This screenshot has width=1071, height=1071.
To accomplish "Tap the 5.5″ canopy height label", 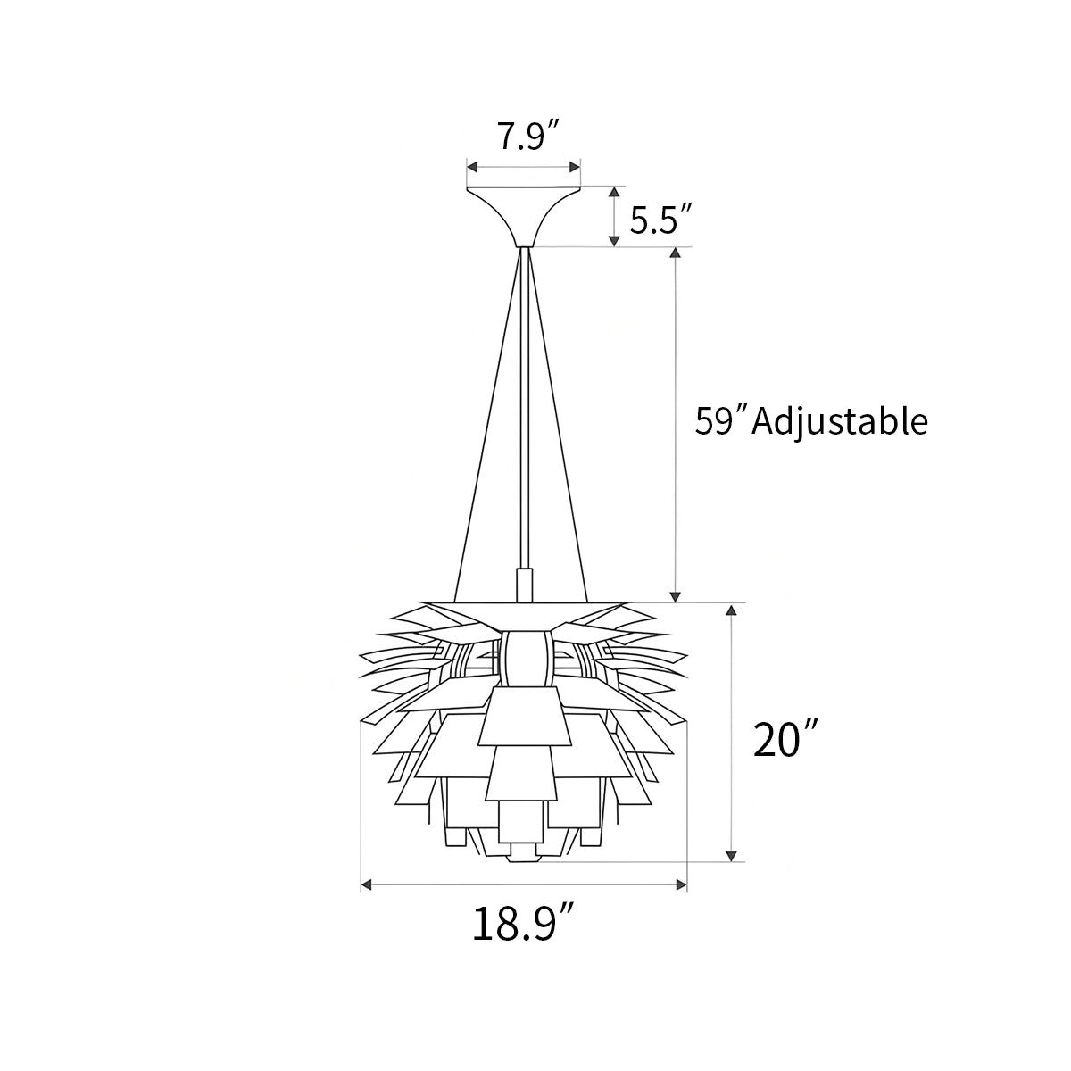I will coord(661,220).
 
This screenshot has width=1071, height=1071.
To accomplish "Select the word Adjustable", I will coord(840,420).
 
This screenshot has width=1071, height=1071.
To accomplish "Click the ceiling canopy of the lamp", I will coord(524,211).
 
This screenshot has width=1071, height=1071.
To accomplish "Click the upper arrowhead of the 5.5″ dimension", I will coord(614,193).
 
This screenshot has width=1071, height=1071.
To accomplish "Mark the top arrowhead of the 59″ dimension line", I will coord(677,253).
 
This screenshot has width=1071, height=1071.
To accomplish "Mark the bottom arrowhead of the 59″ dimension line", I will coord(677,594).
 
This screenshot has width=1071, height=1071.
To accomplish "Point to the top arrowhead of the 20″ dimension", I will coord(732,610).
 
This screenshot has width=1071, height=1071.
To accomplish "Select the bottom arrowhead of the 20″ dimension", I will coord(732,855).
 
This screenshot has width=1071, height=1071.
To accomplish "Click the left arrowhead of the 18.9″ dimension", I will coord(366,885).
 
